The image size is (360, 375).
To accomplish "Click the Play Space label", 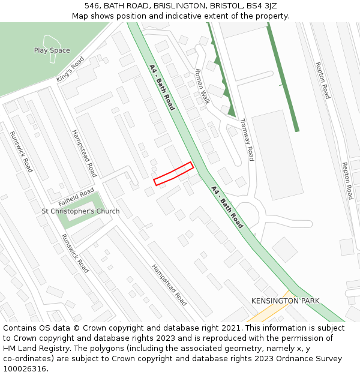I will click(x=52, y=50).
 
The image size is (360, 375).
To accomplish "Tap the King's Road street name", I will click(x=70, y=70).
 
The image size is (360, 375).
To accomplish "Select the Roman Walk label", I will click(x=202, y=86).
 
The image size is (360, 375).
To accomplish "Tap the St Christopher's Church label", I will click(x=80, y=211).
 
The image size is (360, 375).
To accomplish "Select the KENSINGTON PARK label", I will click(x=286, y=301).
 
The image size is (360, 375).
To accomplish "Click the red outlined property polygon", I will click(x=173, y=173).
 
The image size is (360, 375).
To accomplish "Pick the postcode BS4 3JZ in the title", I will click(x=264, y=6).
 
